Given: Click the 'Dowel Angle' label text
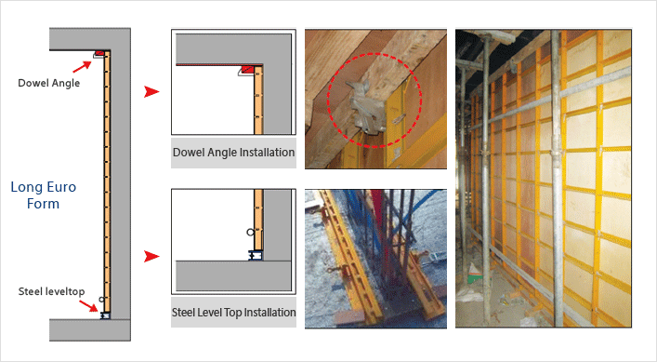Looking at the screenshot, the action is pos(48,83).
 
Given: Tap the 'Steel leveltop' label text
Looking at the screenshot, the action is pos(51,291).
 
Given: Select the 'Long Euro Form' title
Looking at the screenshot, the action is pos(43,195).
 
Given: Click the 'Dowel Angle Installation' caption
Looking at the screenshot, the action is pos(233,153).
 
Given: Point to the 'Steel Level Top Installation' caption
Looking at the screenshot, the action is pos(233,313).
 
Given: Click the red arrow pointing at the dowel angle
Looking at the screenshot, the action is pos(82,66).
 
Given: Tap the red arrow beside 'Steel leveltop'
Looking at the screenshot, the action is pos(88,306).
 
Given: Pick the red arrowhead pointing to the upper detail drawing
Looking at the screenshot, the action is pos(151,91).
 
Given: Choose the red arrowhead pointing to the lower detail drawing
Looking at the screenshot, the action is pos(151,256).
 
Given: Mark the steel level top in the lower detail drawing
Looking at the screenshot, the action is pos(256,255).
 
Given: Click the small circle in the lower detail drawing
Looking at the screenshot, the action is pos(250,232).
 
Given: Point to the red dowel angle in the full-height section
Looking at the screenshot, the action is pos(99,53).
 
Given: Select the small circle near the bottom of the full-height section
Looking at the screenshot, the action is pos(101,300).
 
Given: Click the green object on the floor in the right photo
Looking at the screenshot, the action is pos(475,277).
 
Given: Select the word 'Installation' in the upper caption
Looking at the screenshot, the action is pos(269,153).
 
